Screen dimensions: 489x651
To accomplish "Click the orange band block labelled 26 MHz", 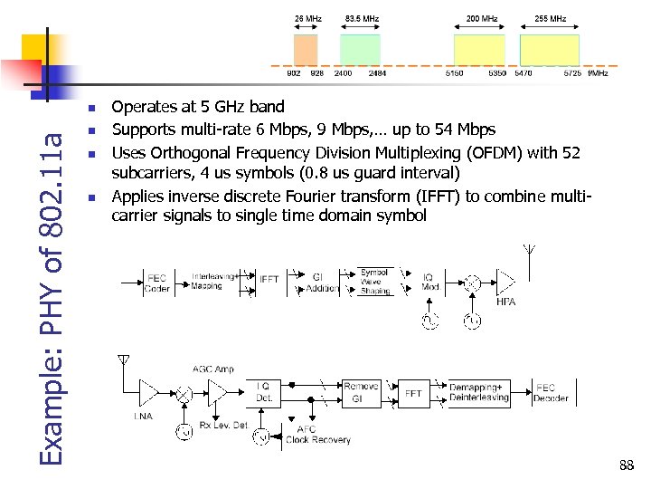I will coord(306,49).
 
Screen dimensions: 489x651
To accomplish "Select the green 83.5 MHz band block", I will coord(360,49).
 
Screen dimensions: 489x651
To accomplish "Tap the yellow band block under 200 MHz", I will coord(480,49).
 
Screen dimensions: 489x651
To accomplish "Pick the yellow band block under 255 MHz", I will coord(549,49).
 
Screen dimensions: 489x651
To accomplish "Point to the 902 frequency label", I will coord(294,73).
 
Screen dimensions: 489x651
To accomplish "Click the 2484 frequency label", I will coord(377,73).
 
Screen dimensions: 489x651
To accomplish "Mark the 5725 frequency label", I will coord(572,73).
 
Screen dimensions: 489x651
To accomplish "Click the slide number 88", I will coord(627,465).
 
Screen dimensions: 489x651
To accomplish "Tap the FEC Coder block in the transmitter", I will coord(157,283).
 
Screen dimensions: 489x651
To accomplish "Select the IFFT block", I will coord(269,281).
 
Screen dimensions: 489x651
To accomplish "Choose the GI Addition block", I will coord(323,283).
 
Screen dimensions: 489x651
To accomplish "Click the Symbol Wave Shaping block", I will coord(374,282).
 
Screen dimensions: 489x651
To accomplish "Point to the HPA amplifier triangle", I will coord(506,283).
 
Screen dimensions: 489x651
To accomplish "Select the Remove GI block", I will coord(361,393).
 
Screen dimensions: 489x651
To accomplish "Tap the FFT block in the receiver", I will coord(413,394).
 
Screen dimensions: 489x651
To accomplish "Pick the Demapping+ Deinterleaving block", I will coord(478,393).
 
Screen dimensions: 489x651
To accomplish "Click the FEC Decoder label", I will coord(551,393).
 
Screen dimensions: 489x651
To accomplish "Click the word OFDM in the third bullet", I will coord(487,153).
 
